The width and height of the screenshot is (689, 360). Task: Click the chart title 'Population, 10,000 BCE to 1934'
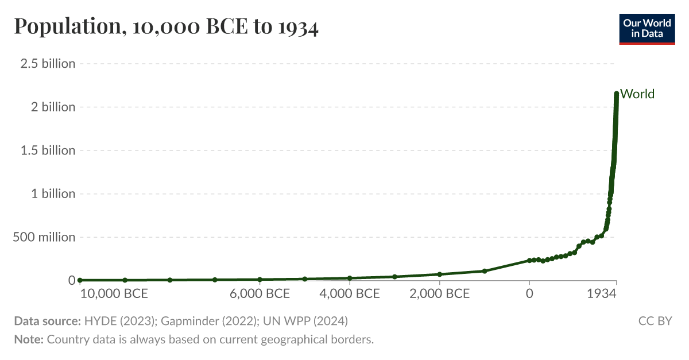tap(166, 27)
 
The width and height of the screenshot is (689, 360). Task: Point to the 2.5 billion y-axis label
tap(48, 64)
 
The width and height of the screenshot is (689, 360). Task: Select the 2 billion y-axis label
tap(52, 107)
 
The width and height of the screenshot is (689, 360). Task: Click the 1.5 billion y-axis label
tap(48, 150)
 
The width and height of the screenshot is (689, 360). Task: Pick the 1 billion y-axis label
tap(52, 193)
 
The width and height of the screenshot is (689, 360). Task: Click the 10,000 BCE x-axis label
tap(114, 294)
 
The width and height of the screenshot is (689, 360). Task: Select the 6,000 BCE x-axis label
tap(260, 294)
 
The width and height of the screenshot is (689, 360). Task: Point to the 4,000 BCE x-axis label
tap(350, 294)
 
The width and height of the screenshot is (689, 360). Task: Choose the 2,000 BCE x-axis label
tap(440, 294)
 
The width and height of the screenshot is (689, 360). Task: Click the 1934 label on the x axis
tap(602, 294)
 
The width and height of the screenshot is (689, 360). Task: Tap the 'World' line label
tap(637, 94)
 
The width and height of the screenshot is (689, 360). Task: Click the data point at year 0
tap(529, 261)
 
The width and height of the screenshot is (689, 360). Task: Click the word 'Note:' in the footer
tap(29, 339)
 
